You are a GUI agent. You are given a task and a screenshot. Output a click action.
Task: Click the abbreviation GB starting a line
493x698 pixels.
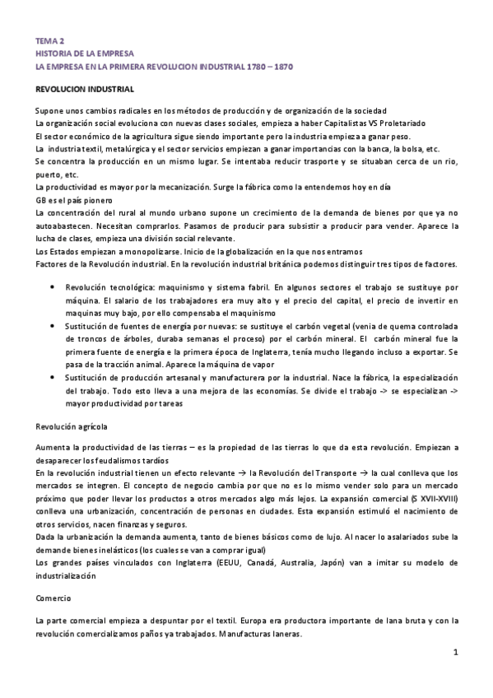[x=41, y=199]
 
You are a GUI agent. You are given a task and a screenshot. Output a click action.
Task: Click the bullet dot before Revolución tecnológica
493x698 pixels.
[x=53, y=287]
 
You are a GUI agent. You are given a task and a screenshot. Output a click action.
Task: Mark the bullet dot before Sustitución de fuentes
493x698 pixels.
[x=53, y=326]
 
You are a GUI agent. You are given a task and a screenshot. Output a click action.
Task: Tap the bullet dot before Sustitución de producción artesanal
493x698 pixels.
[x=53, y=377]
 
